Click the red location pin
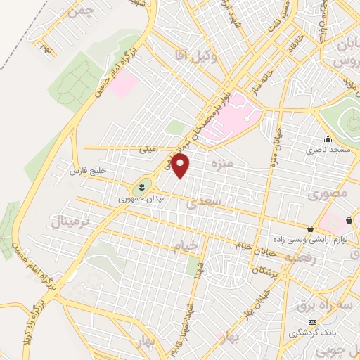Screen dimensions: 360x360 [x=181, y=166]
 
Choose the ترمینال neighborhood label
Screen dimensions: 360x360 [x=68, y=222]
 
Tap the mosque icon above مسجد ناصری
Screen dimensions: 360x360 [x=328, y=139]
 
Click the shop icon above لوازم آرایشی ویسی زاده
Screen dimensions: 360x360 [x=311, y=229]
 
